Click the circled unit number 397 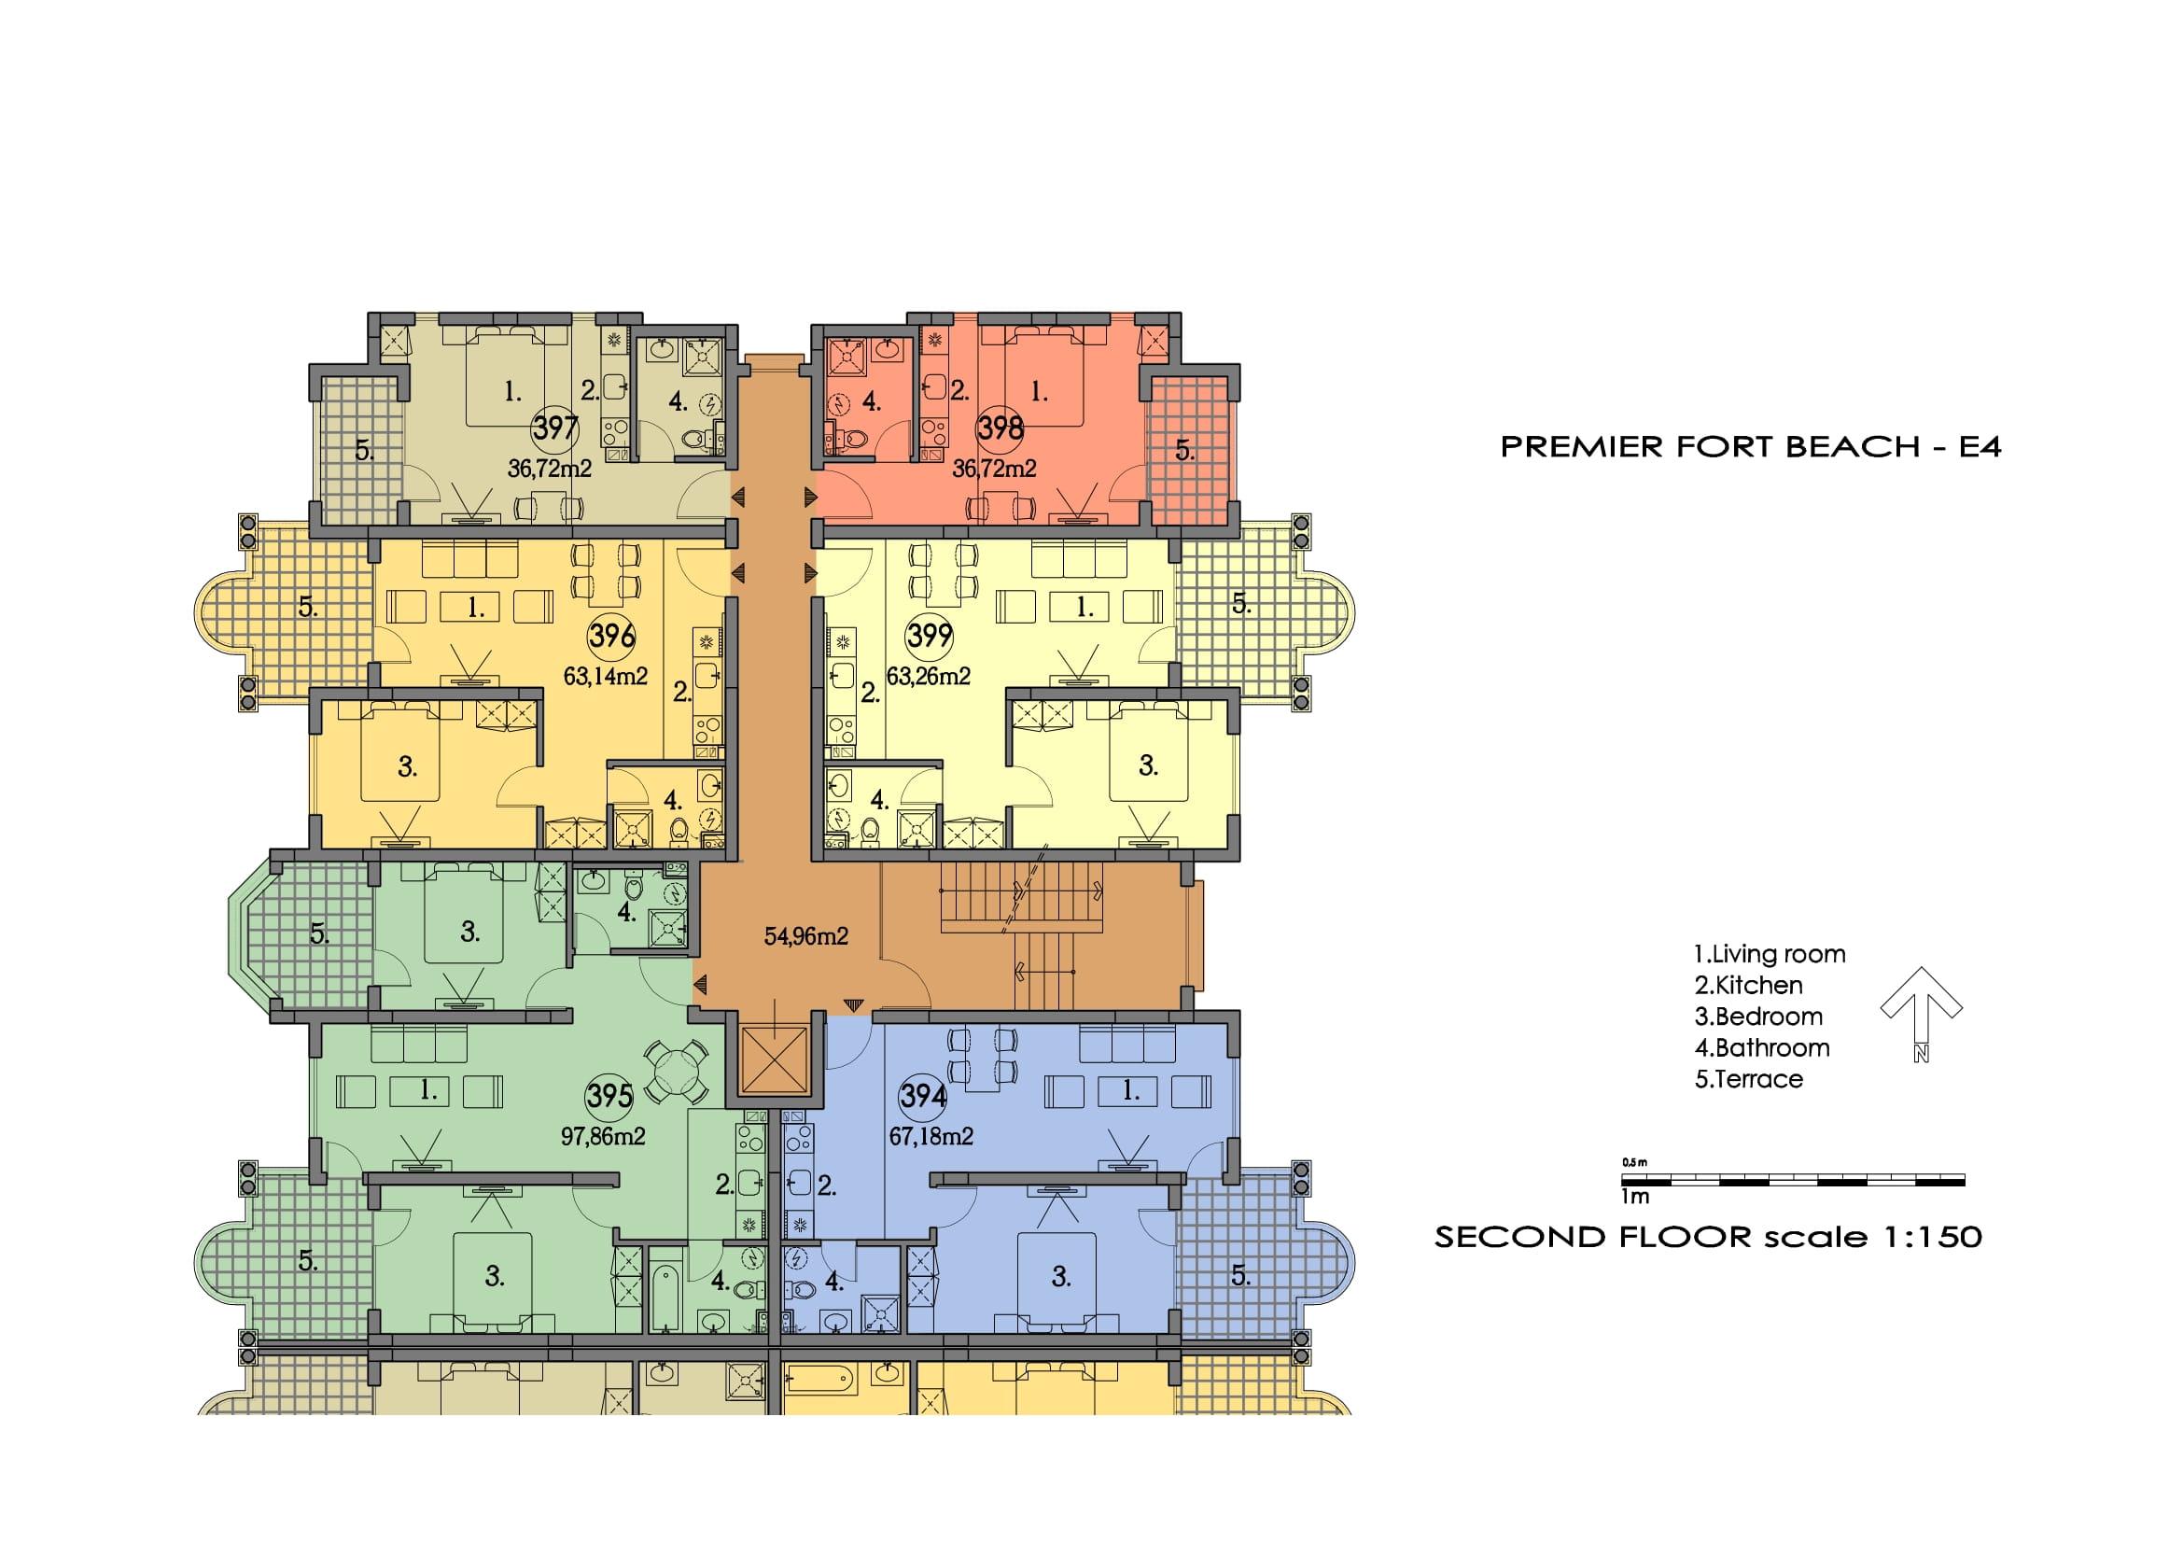tap(554, 428)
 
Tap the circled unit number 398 tap(1000, 428)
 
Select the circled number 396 tap(611, 635)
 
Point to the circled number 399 tap(928, 635)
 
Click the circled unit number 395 tap(609, 1095)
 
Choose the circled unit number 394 tap(922, 1096)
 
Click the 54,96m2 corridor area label tap(806, 936)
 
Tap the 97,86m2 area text tap(603, 1136)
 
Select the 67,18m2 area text tap(931, 1136)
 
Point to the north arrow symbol tap(1922, 1014)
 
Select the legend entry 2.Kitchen tap(1748, 985)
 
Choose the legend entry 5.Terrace tap(1748, 1079)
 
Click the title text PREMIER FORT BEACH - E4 tap(1750, 446)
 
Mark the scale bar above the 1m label tap(1793, 1181)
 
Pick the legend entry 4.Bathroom tap(1762, 1047)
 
